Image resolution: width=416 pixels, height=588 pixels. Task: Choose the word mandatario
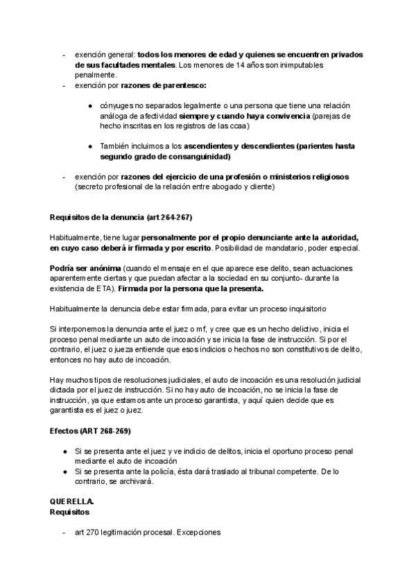tap(316, 248)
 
